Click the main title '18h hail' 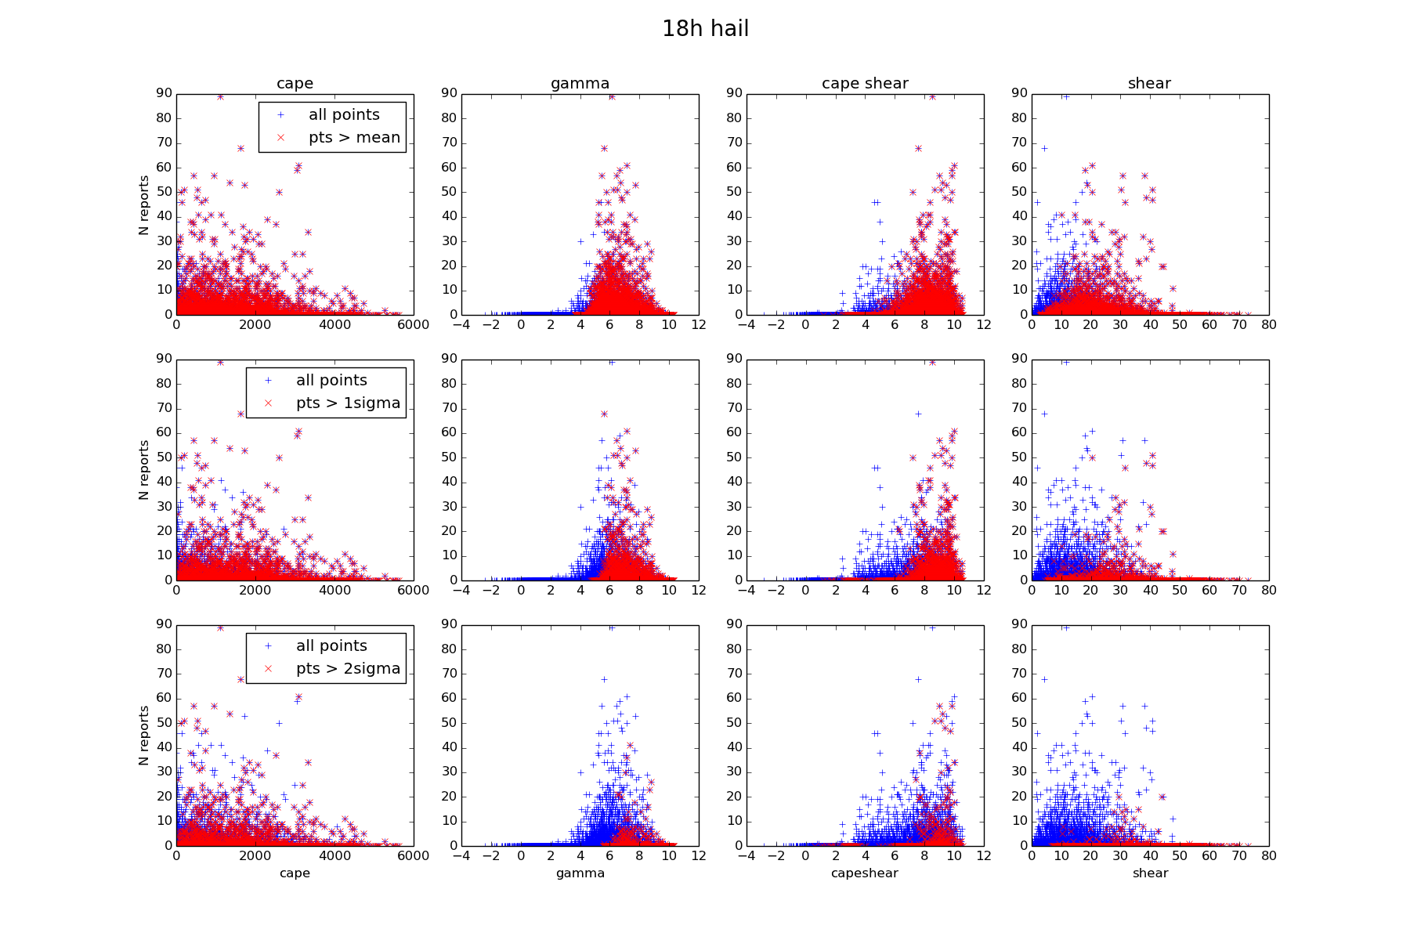pyautogui.click(x=705, y=29)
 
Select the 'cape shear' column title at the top pyautogui.click(x=865, y=83)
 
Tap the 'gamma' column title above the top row pyautogui.click(x=580, y=83)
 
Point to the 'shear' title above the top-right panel pyautogui.click(x=1149, y=83)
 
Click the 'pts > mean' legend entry pyautogui.click(x=354, y=137)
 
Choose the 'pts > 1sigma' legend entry pyautogui.click(x=348, y=403)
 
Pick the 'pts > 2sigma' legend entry pyautogui.click(x=348, y=668)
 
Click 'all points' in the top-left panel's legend pyautogui.click(x=344, y=114)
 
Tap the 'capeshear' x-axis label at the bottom pyautogui.click(x=865, y=873)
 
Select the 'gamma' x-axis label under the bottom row pyautogui.click(x=580, y=873)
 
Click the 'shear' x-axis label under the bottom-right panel pyautogui.click(x=1150, y=873)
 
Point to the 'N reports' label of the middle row pyautogui.click(x=143, y=470)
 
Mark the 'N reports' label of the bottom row pyautogui.click(x=143, y=736)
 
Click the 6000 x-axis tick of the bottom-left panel pyautogui.click(x=413, y=856)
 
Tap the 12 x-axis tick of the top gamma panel pyautogui.click(x=699, y=324)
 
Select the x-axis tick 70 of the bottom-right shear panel pyautogui.click(x=1239, y=856)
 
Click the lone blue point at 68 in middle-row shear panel pyautogui.click(x=1044, y=414)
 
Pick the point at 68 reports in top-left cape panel pyautogui.click(x=240, y=148)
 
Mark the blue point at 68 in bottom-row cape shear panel pyautogui.click(x=918, y=679)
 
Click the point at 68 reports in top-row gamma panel pyautogui.click(x=604, y=148)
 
